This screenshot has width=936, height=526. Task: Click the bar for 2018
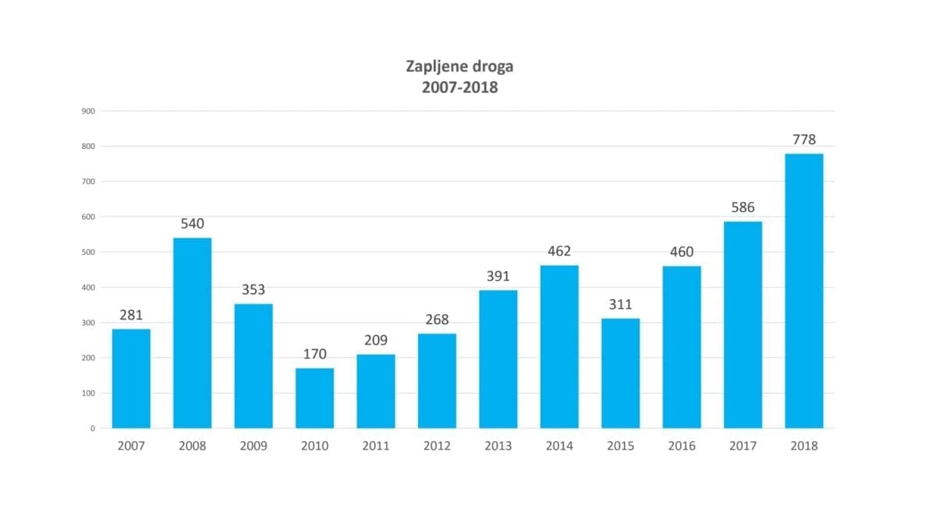[803, 291]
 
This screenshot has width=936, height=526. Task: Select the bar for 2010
[314, 397]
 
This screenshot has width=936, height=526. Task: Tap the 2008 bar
[192, 333]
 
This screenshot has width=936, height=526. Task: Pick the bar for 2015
[620, 373]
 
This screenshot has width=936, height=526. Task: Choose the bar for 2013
[498, 358]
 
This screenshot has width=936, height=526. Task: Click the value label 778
[803, 140]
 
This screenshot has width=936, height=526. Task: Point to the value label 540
[192, 224]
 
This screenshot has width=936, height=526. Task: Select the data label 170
[314, 355]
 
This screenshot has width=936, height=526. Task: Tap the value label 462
[559, 252]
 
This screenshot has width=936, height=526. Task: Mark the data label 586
[743, 208]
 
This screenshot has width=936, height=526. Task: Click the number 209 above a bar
[375, 341]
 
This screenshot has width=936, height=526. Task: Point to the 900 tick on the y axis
[88, 111]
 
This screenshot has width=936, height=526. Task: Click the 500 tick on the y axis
[88, 252]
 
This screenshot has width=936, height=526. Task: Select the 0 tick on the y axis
[92, 429]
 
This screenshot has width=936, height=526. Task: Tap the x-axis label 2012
[437, 447]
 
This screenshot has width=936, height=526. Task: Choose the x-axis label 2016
[682, 447]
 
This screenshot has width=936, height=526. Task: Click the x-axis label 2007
[131, 447]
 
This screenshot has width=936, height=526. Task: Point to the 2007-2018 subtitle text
[459, 87]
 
